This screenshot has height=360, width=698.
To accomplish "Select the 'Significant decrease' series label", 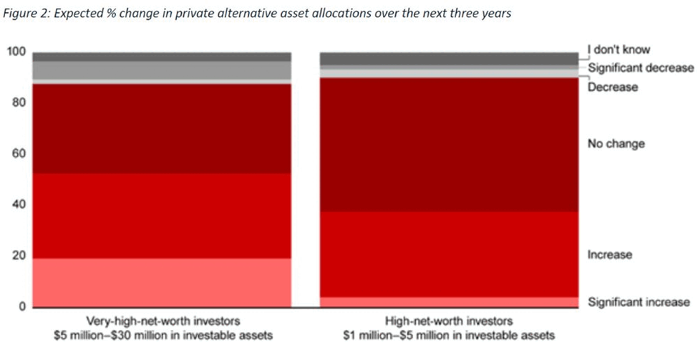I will click(641, 68).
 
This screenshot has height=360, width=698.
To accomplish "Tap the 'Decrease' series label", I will click(613, 87).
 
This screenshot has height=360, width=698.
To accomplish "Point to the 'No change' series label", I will click(616, 144).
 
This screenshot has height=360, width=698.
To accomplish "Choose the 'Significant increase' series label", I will click(639, 303).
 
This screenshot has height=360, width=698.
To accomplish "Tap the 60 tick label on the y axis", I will click(18, 154).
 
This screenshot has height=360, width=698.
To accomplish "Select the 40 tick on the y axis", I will click(18, 205).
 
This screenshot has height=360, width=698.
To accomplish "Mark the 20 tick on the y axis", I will click(18, 256).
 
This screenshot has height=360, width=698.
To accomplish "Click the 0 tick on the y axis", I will click(22, 308).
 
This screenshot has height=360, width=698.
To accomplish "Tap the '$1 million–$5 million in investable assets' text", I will click(447, 335).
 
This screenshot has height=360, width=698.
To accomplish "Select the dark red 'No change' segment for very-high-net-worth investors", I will click(161, 129).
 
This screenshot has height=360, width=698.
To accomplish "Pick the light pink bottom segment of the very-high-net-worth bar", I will click(161, 283).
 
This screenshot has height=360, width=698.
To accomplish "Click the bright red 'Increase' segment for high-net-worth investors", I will click(447, 254).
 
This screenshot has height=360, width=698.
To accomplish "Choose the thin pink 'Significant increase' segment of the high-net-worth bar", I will click(447, 302).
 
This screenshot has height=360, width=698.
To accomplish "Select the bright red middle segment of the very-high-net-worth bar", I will click(161, 215).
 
